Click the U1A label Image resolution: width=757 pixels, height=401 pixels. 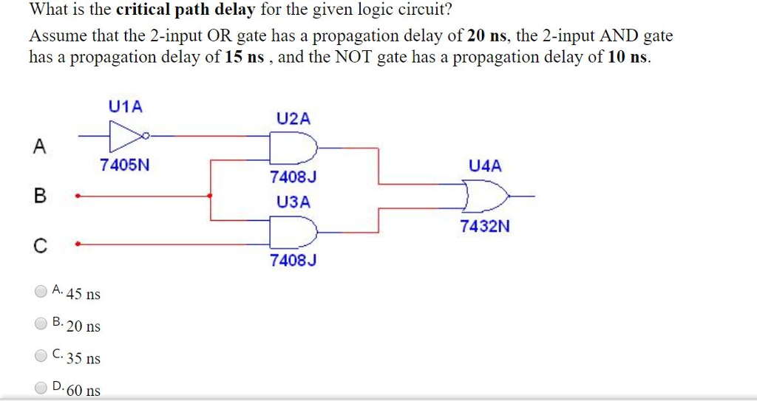pyautogui.click(x=125, y=106)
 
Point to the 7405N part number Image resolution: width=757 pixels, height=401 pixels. pyautogui.click(x=125, y=165)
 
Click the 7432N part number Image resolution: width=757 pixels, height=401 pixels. pyautogui.click(x=485, y=227)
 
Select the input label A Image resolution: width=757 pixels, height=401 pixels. pyautogui.click(x=39, y=146)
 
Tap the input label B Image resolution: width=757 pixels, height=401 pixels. pyautogui.click(x=39, y=196)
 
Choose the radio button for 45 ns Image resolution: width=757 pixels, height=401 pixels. pyautogui.click(x=41, y=291)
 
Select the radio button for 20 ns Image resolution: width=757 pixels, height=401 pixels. pyautogui.click(x=41, y=323)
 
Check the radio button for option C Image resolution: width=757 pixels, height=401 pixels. pyautogui.click(x=41, y=355)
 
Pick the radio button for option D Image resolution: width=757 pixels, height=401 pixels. pyautogui.click(x=41, y=387)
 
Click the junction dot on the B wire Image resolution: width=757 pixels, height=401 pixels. pyautogui.click(x=211, y=196)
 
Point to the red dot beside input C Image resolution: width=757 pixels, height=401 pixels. pyautogui.click(x=78, y=243)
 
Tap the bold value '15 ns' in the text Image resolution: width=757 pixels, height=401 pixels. pyautogui.click(x=244, y=58)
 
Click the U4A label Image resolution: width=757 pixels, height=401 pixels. pyautogui.click(x=485, y=166)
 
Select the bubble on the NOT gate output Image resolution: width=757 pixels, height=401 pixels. pyautogui.click(x=148, y=136)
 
